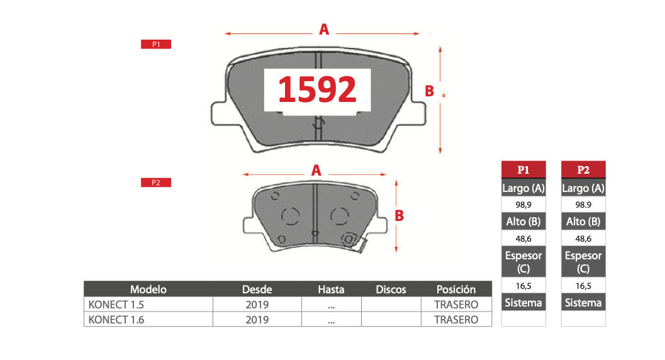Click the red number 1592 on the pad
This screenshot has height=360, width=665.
click(x=317, y=89)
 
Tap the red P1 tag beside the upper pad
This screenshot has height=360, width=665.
click(x=156, y=44)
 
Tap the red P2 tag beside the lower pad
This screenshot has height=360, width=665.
click(x=156, y=183)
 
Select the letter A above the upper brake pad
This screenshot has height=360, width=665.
click(x=324, y=30)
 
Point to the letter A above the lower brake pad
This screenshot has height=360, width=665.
click(x=316, y=171)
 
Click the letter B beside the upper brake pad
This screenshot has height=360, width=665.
click(x=430, y=91)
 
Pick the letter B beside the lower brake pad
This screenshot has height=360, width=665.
click(x=399, y=215)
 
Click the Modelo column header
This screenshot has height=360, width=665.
click(x=148, y=289)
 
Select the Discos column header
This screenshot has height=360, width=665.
click(x=391, y=289)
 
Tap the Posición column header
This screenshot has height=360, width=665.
click(x=456, y=289)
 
